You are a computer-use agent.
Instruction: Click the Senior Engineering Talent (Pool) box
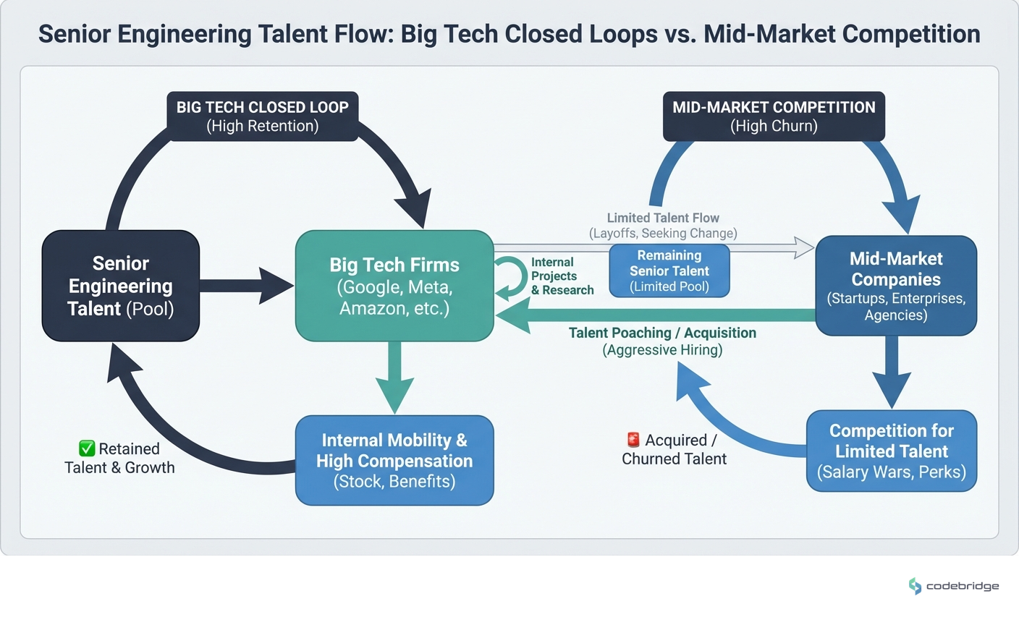tap(120, 286)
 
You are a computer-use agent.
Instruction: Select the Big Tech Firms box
tap(394, 286)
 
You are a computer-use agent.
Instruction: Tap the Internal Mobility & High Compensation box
tap(394, 460)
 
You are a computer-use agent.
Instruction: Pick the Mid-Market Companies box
tap(895, 286)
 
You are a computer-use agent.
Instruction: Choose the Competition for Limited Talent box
tap(891, 451)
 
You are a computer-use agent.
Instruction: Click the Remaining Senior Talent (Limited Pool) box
tap(669, 271)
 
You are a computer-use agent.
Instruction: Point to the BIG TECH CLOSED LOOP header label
tap(262, 116)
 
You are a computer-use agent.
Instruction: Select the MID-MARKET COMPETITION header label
tap(774, 116)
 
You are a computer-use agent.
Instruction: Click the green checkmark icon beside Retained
tap(87, 448)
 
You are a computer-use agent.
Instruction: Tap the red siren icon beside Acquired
tap(633, 440)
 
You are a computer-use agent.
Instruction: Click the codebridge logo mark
tap(915, 586)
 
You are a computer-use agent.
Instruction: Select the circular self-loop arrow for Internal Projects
tap(511, 278)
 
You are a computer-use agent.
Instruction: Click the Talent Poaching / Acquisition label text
tap(662, 333)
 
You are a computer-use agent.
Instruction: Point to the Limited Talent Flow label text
tap(663, 218)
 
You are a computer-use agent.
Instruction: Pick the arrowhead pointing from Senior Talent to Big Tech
tap(277, 286)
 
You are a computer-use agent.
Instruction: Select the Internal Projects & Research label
tap(562, 276)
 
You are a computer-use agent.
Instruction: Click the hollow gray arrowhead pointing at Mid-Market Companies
tap(804, 247)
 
